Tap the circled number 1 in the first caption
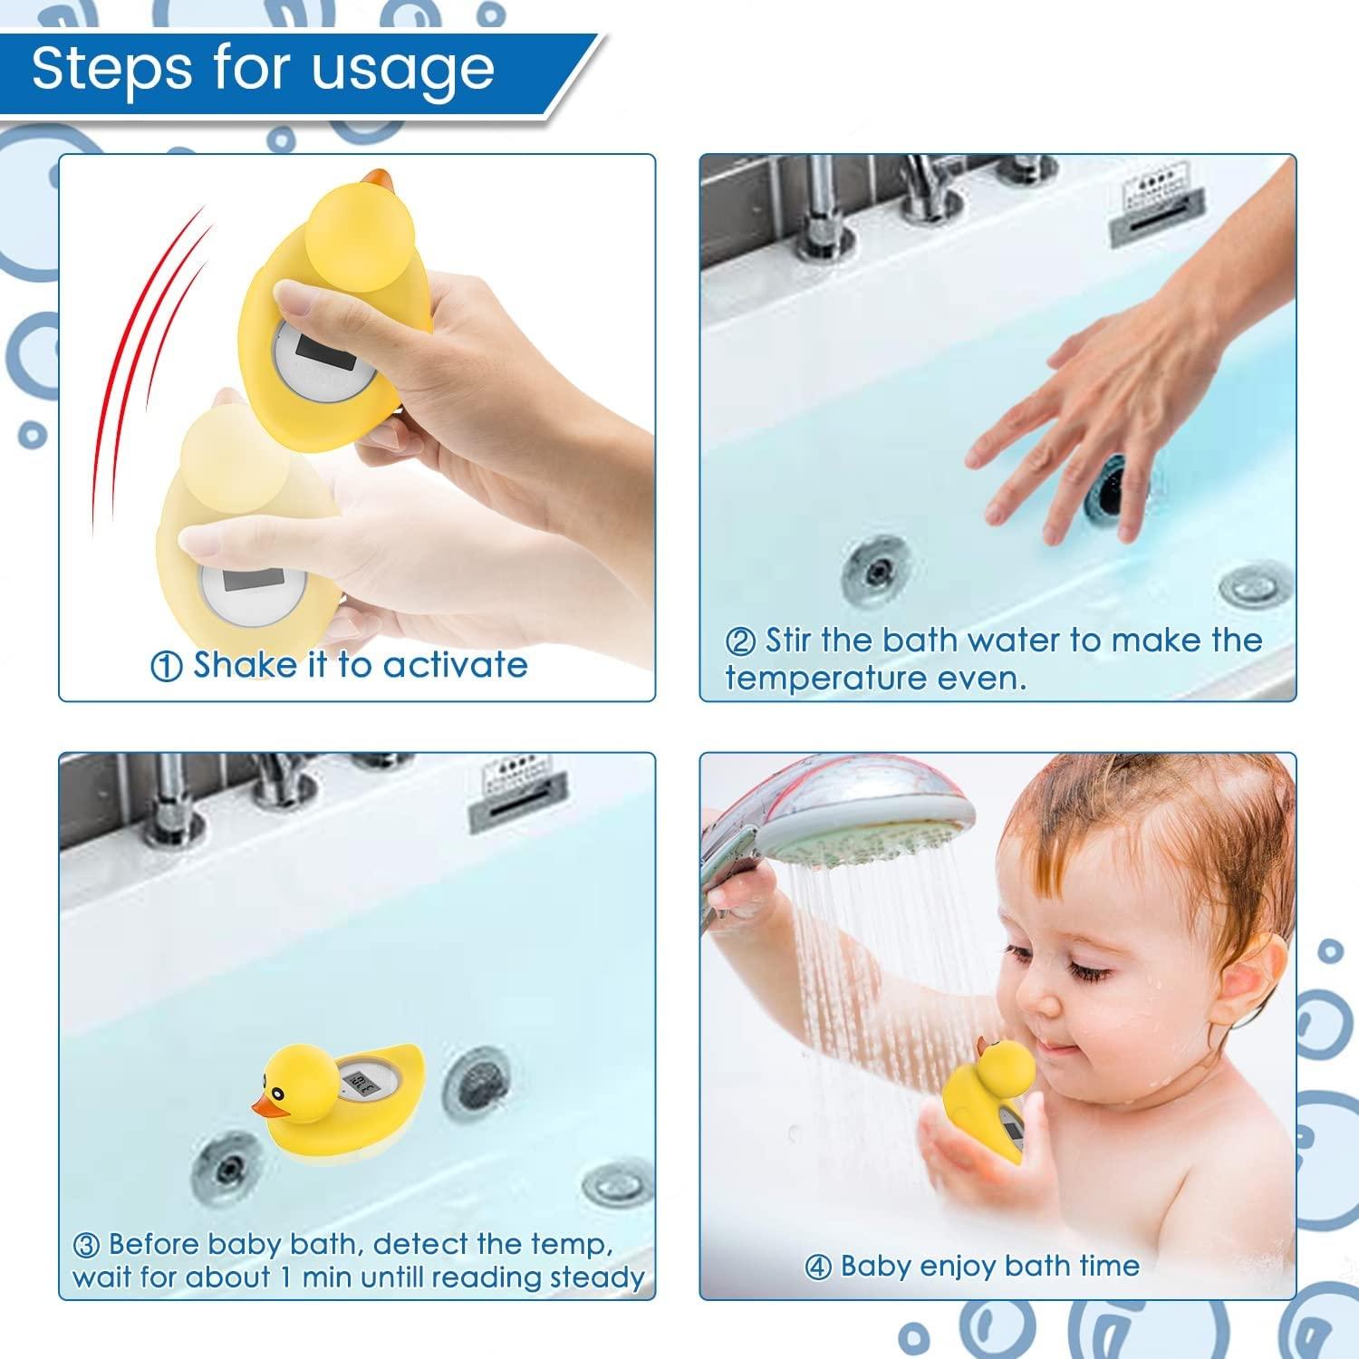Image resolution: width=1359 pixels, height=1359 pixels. (166, 668)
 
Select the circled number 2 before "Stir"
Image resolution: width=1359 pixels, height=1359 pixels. (740, 642)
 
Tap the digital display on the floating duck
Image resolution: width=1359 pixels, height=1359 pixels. (363, 1082)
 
